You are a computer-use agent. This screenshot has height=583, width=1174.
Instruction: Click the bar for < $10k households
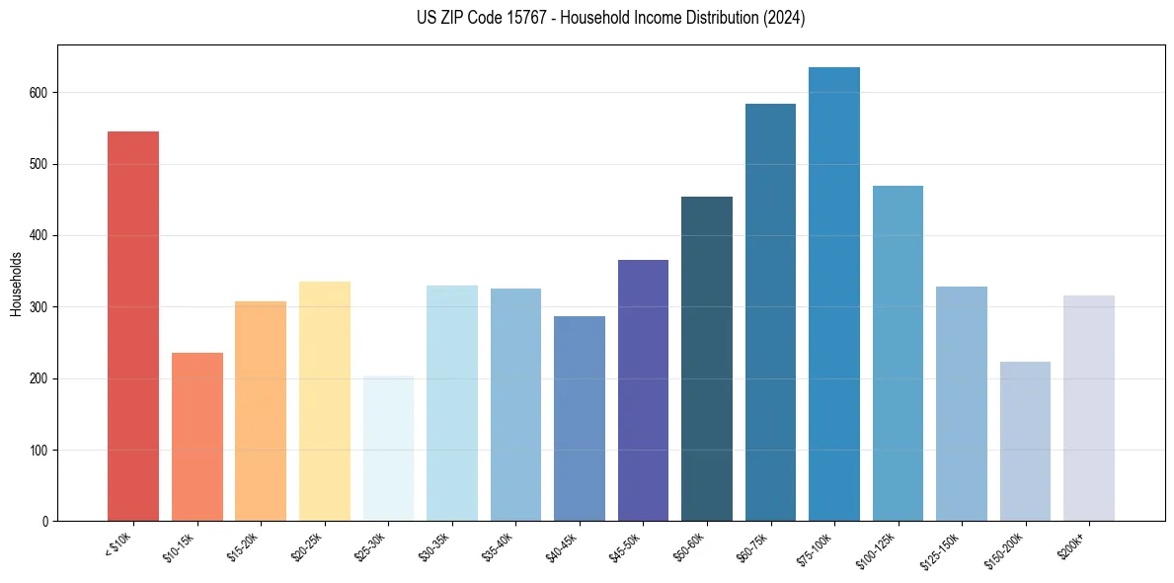(133, 326)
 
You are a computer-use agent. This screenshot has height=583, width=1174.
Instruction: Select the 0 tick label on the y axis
(45, 522)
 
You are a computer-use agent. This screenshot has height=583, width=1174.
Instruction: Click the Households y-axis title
(16, 284)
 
